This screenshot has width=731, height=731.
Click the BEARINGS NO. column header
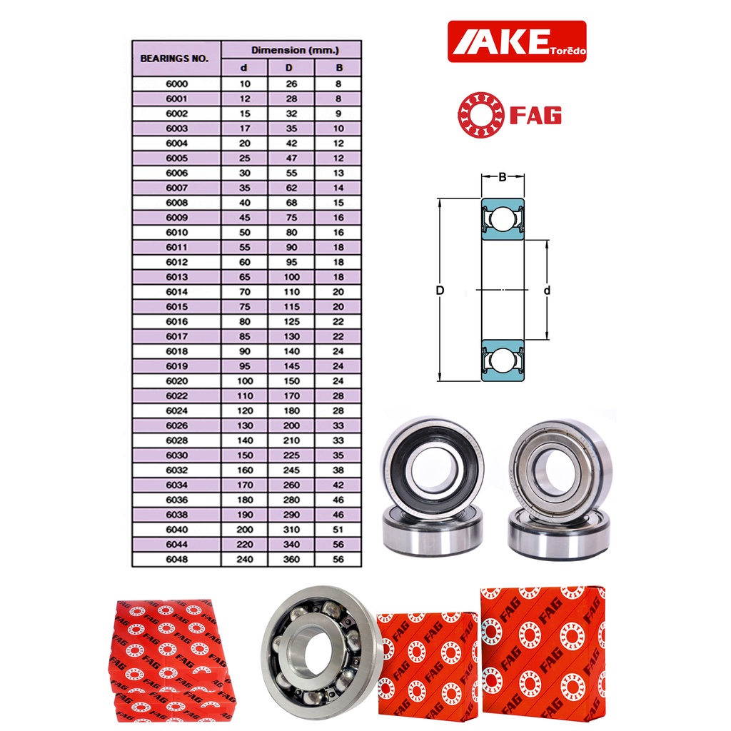(174, 59)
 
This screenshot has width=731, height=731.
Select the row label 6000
(177, 84)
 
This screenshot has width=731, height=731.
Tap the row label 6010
(177, 232)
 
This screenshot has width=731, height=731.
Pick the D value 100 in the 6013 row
(291, 277)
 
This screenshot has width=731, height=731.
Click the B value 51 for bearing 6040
(338, 530)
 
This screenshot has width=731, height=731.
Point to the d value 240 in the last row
(245, 559)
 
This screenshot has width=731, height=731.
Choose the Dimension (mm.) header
(295, 50)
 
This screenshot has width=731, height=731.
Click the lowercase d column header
(244, 68)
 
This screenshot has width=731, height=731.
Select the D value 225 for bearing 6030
(291, 455)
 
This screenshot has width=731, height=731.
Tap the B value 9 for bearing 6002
(338, 114)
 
